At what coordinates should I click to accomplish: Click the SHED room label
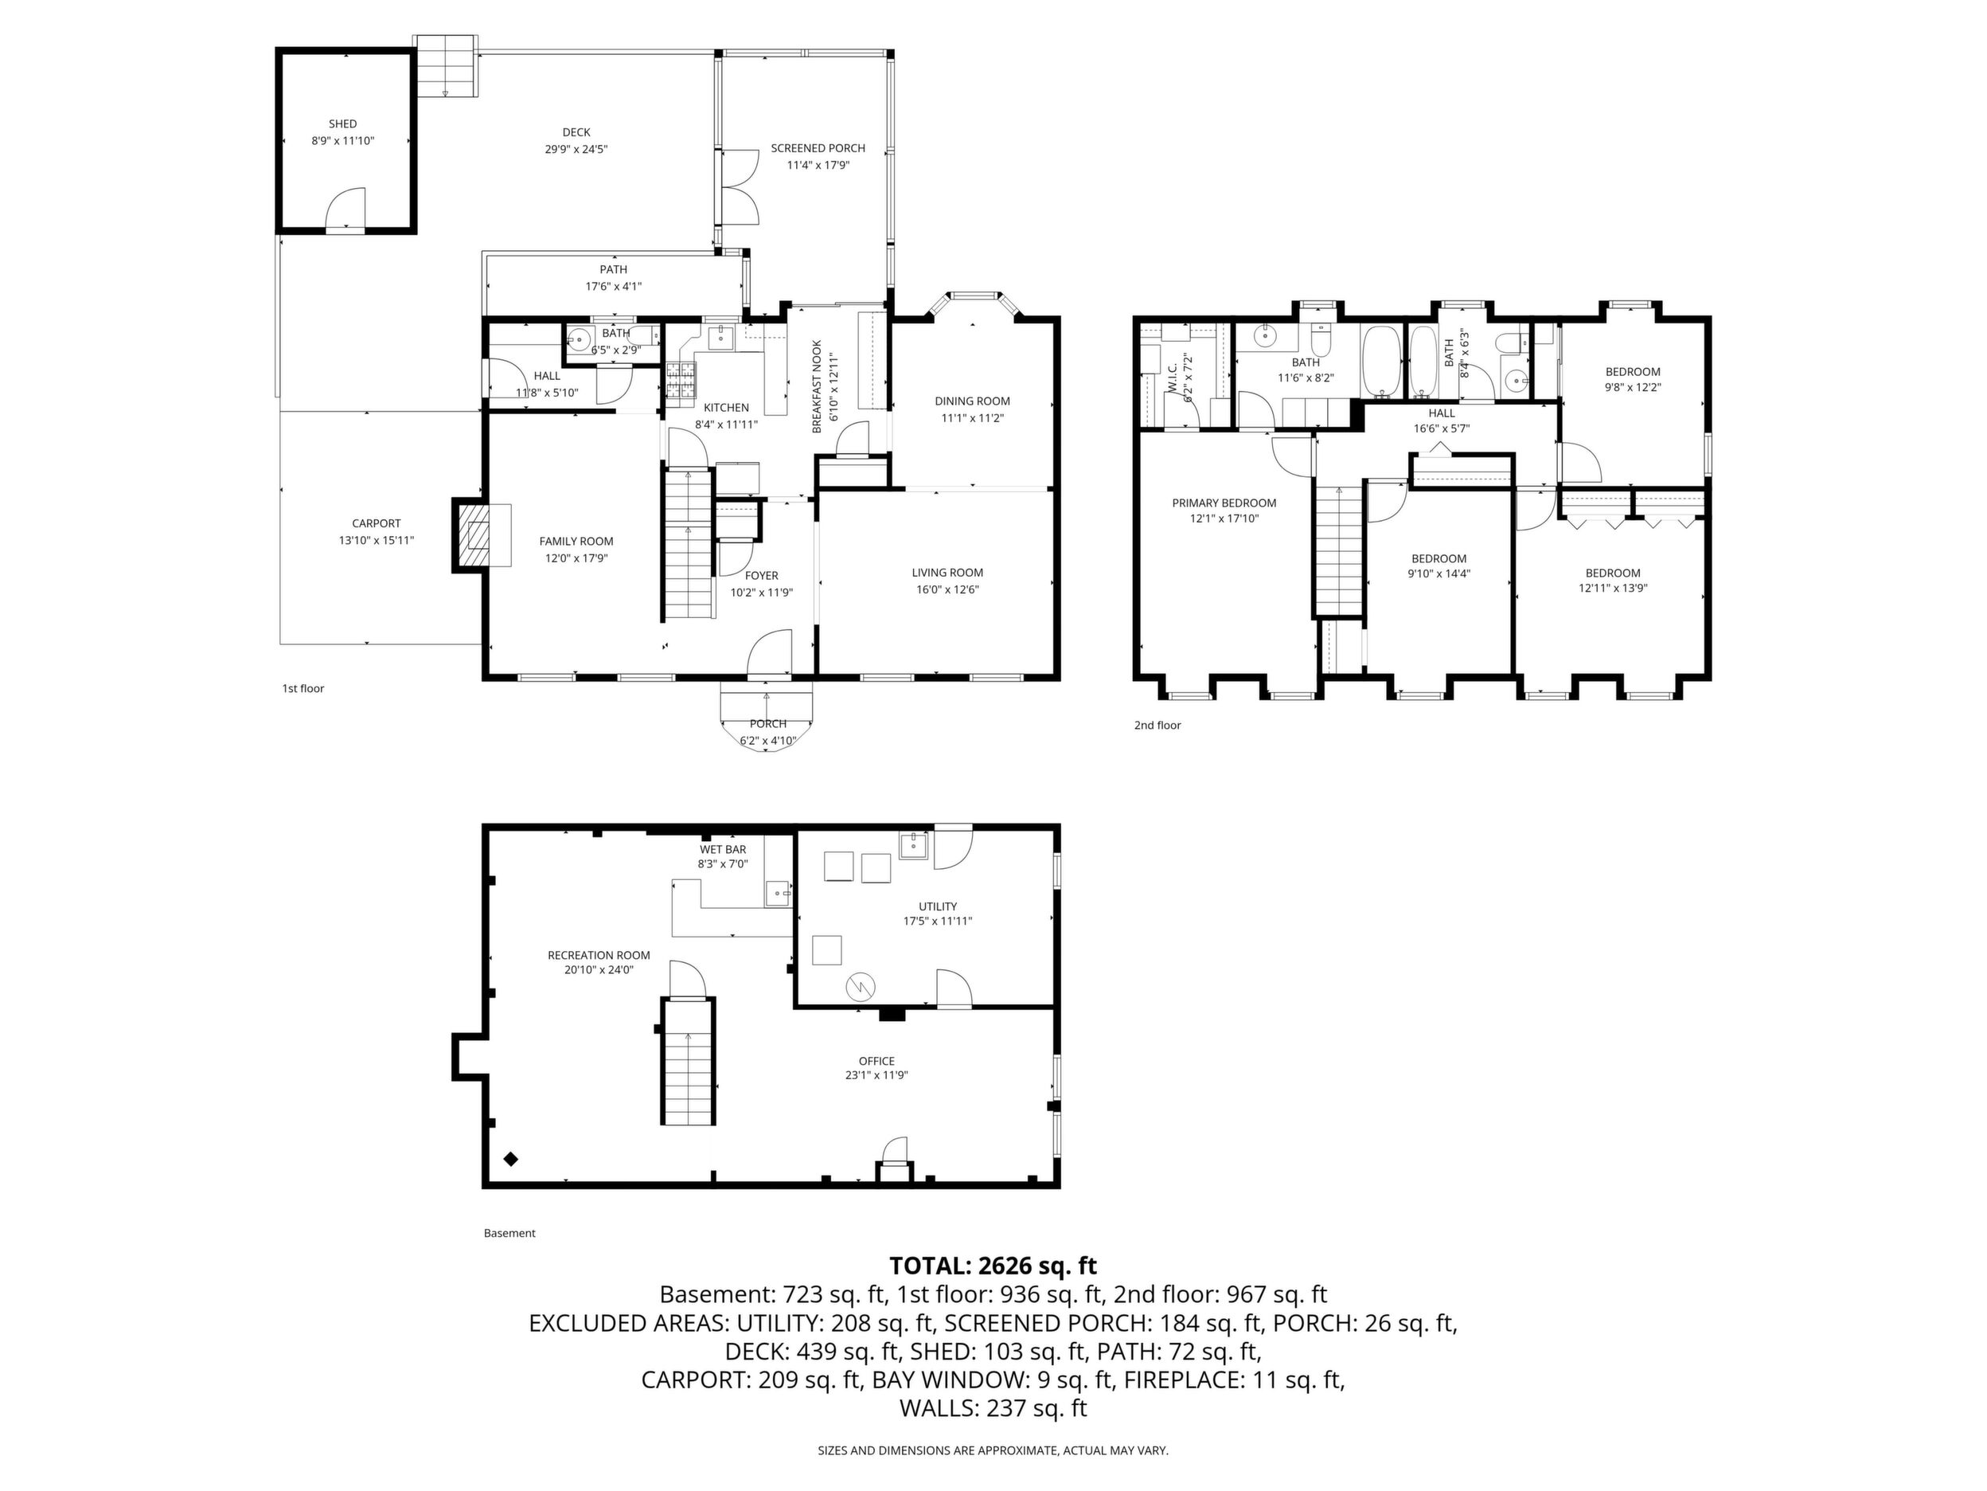pos(342,124)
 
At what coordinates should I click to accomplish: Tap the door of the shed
pos(345,210)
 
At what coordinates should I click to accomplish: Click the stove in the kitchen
pos(680,379)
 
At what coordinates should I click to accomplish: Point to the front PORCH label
pos(768,723)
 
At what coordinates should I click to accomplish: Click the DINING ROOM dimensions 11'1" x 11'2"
pos(972,418)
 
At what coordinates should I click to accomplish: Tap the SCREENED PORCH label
pos(818,148)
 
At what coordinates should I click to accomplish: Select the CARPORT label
pos(377,523)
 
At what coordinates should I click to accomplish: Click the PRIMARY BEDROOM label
pos(1224,503)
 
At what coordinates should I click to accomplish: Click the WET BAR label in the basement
pos(723,849)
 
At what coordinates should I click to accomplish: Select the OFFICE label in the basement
pos(876,1061)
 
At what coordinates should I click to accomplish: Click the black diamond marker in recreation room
pos(511,1160)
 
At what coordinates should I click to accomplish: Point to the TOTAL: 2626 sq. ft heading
pos(993,1266)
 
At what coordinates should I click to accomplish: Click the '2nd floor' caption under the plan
pos(1157,726)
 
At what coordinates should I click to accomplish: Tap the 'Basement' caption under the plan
pos(509,1233)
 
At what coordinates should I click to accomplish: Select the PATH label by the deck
pos(614,270)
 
